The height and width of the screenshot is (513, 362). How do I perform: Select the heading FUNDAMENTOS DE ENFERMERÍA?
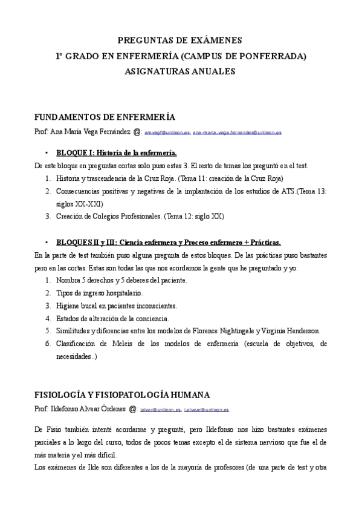click(105, 117)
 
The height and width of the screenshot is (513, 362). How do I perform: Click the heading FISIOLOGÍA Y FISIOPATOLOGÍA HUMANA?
click(122, 394)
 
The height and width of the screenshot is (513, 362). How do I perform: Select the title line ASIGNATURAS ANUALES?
click(180, 71)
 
